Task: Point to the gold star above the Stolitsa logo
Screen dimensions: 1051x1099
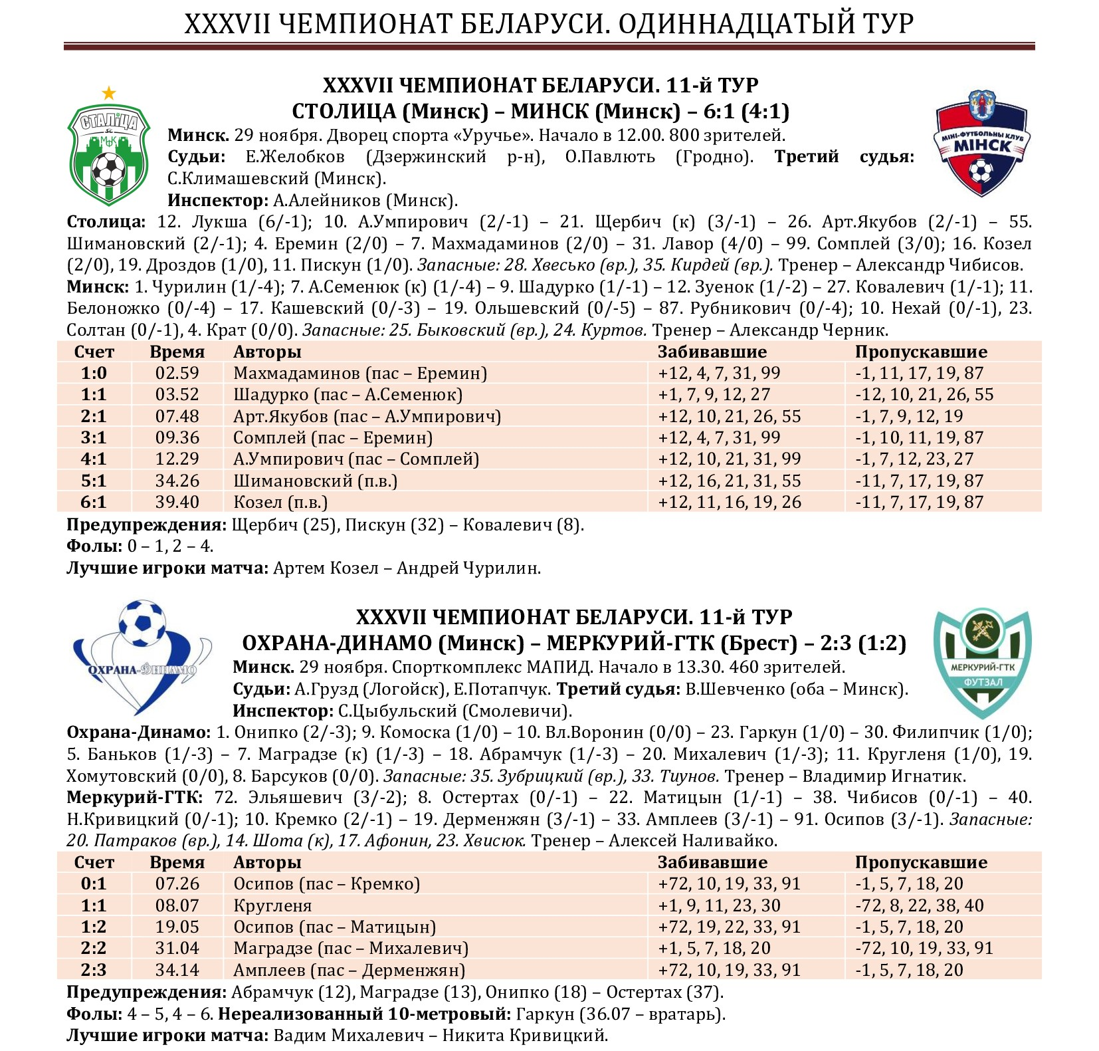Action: pos(109,93)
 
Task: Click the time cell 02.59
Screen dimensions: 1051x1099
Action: pos(177,373)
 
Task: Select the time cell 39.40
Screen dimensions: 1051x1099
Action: pos(177,502)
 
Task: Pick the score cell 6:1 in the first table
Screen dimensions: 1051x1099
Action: pos(94,502)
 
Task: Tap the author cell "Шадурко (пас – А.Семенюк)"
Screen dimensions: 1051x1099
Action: pos(348,394)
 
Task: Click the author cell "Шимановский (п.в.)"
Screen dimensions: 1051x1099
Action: pos(315,481)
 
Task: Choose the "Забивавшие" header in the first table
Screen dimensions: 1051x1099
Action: pos(712,352)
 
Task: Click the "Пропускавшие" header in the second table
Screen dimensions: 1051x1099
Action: pos(920,862)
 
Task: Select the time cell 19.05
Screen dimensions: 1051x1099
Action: pos(177,927)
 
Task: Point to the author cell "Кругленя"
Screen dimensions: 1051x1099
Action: pos(272,905)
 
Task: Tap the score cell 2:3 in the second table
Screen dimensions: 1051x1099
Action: pos(94,970)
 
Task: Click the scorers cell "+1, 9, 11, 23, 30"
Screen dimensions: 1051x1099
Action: pos(719,905)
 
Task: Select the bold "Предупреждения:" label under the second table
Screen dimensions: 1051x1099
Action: pos(146,992)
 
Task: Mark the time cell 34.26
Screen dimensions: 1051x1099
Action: pos(177,481)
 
